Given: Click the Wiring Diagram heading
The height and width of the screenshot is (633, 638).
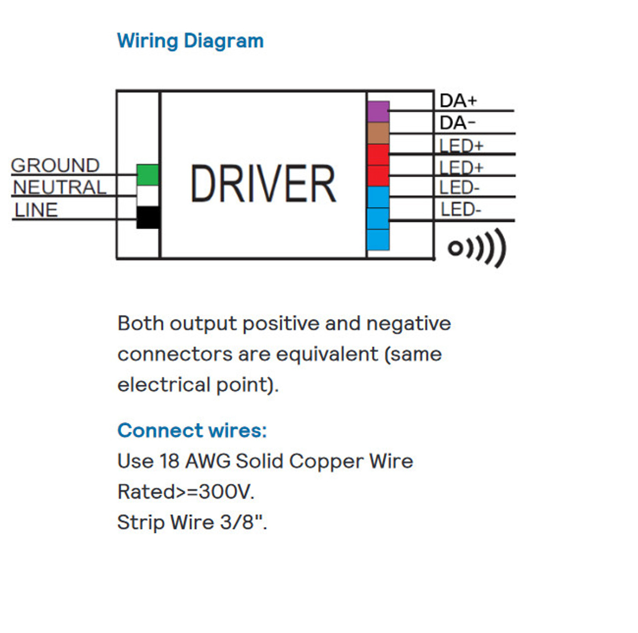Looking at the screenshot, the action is tap(190, 41).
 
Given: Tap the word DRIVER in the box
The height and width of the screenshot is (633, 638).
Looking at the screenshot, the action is tap(264, 183).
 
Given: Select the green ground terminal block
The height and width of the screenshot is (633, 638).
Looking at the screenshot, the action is tap(148, 174).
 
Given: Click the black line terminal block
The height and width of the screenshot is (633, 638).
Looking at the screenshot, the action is tap(149, 217).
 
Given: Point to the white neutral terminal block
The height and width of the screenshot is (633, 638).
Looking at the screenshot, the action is tap(148, 196).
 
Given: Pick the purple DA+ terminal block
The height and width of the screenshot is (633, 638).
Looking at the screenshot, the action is tap(378, 112).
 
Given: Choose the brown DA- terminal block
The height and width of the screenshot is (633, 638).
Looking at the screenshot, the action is tap(378, 133).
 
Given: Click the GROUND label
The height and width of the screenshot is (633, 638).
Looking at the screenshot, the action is tap(55, 165).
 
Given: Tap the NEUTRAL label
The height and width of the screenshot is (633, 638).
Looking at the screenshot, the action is tap(60, 187).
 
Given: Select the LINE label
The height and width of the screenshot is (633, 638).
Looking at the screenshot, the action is tap(36, 210).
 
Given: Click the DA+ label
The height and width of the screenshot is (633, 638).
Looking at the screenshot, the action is tap(458, 100).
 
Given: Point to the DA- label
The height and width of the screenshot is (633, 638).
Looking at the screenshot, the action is tap(458, 123).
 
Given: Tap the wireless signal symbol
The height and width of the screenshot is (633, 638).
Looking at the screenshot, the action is tap(477, 248).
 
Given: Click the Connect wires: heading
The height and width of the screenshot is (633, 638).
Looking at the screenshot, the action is tap(192, 430).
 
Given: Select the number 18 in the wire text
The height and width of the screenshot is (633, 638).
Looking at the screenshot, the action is tap(169, 461).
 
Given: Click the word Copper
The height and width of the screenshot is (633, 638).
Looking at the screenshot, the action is tap(326, 462).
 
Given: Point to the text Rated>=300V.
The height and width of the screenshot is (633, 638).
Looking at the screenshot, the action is tap(186, 492).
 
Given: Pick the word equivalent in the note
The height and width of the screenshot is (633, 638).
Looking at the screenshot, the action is tap(327, 354).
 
